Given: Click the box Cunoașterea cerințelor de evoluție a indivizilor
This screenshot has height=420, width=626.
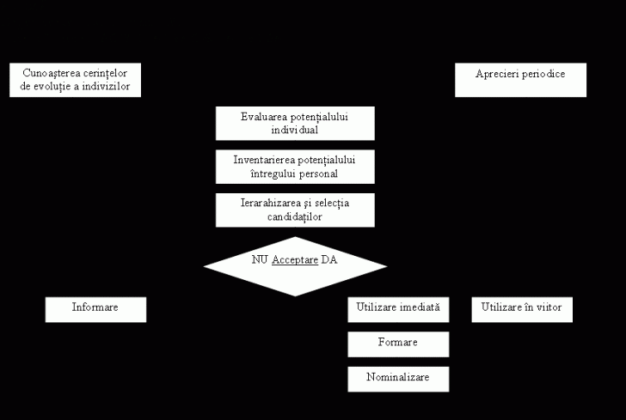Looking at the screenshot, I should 75,80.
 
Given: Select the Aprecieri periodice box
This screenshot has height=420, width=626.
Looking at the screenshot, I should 520,80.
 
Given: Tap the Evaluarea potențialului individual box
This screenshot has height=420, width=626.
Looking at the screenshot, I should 295,123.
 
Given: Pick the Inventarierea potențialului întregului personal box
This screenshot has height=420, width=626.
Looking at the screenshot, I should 295,166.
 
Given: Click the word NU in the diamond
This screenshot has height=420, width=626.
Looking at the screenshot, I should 259,260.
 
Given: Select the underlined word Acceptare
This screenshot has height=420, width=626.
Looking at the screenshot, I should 295,260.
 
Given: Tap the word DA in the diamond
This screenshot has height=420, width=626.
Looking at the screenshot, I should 329,260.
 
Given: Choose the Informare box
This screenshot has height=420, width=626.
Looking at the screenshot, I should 95,309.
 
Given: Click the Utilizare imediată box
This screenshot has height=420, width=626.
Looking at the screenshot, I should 398,309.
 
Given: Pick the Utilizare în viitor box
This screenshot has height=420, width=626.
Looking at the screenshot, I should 521,309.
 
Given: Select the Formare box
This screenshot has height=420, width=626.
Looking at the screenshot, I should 398,344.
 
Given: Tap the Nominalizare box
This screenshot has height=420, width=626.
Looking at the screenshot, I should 398,378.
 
